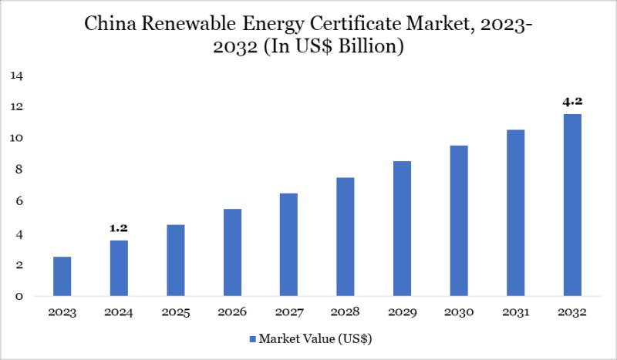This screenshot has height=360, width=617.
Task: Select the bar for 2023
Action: (62, 277)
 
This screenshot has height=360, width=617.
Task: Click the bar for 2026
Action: (232, 253)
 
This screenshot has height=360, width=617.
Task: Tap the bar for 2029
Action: (402, 229)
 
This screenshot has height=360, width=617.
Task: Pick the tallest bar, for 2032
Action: (571, 205)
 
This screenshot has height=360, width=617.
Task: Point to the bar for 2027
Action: (288, 245)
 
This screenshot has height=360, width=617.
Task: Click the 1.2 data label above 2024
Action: (118, 229)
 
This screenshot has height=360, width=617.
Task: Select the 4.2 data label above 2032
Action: (571, 101)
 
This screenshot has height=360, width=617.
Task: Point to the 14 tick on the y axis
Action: (18, 76)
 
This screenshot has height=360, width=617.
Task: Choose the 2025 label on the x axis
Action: (175, 313)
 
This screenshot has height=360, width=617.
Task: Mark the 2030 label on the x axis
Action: (458, 313)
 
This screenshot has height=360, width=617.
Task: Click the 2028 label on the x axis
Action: (345, 313)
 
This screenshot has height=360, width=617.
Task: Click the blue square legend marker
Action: (252, 339)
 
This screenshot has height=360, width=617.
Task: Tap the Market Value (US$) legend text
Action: (317, 339)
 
